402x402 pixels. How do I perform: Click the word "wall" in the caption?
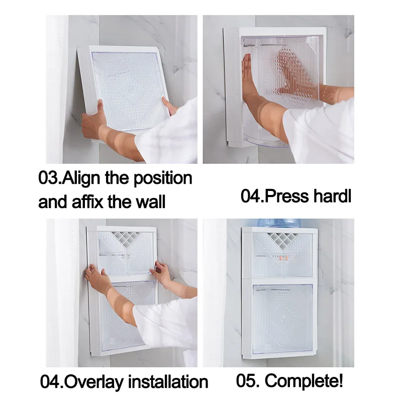click(150, 202)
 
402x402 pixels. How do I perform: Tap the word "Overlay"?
click(94, 382)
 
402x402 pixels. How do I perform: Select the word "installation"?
click(168, 382)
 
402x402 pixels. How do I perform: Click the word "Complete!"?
click(304, 381)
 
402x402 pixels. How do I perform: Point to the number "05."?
click(247, 381)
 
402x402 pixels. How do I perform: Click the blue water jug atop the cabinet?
click(279, 223)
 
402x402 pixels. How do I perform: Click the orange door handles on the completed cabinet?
click(283, 258)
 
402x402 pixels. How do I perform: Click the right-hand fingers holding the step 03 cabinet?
click(170, 106)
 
